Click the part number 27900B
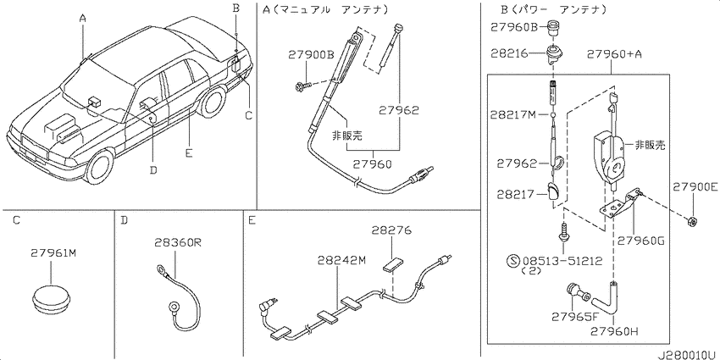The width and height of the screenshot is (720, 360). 311,55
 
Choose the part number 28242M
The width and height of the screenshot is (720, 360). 341,261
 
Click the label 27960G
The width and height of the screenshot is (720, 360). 640,240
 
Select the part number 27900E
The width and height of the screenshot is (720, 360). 695,187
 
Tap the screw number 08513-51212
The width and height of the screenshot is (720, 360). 561,262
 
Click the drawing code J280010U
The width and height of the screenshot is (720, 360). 689,355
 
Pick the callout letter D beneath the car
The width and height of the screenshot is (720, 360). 153,170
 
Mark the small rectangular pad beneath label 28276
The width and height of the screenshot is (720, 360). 392,265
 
